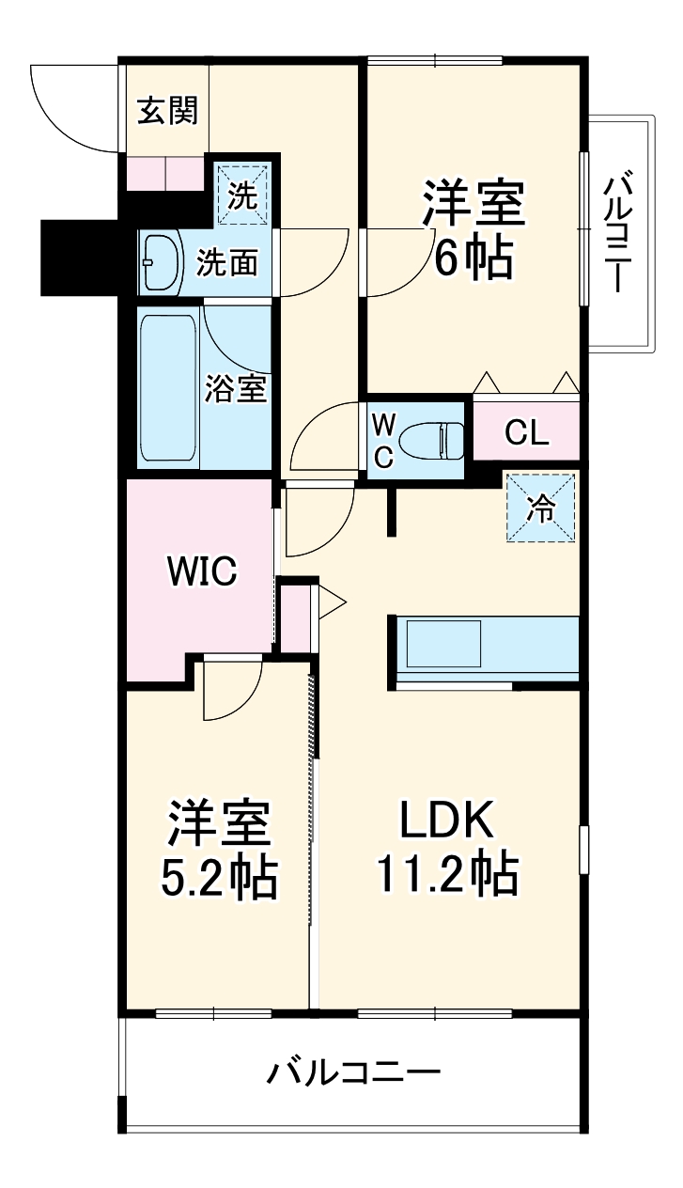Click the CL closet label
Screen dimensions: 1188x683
coord(526,432)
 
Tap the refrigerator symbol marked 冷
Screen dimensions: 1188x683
coord(541,508)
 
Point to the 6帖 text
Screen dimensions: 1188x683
coord(473,257)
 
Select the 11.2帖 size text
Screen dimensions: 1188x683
coord(447,875)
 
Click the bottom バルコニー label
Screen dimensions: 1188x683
coord(353,1072)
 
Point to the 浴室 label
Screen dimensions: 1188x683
coord(237,387)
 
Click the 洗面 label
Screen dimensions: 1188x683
coord(226,263)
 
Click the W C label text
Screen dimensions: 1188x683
coord(383,439)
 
